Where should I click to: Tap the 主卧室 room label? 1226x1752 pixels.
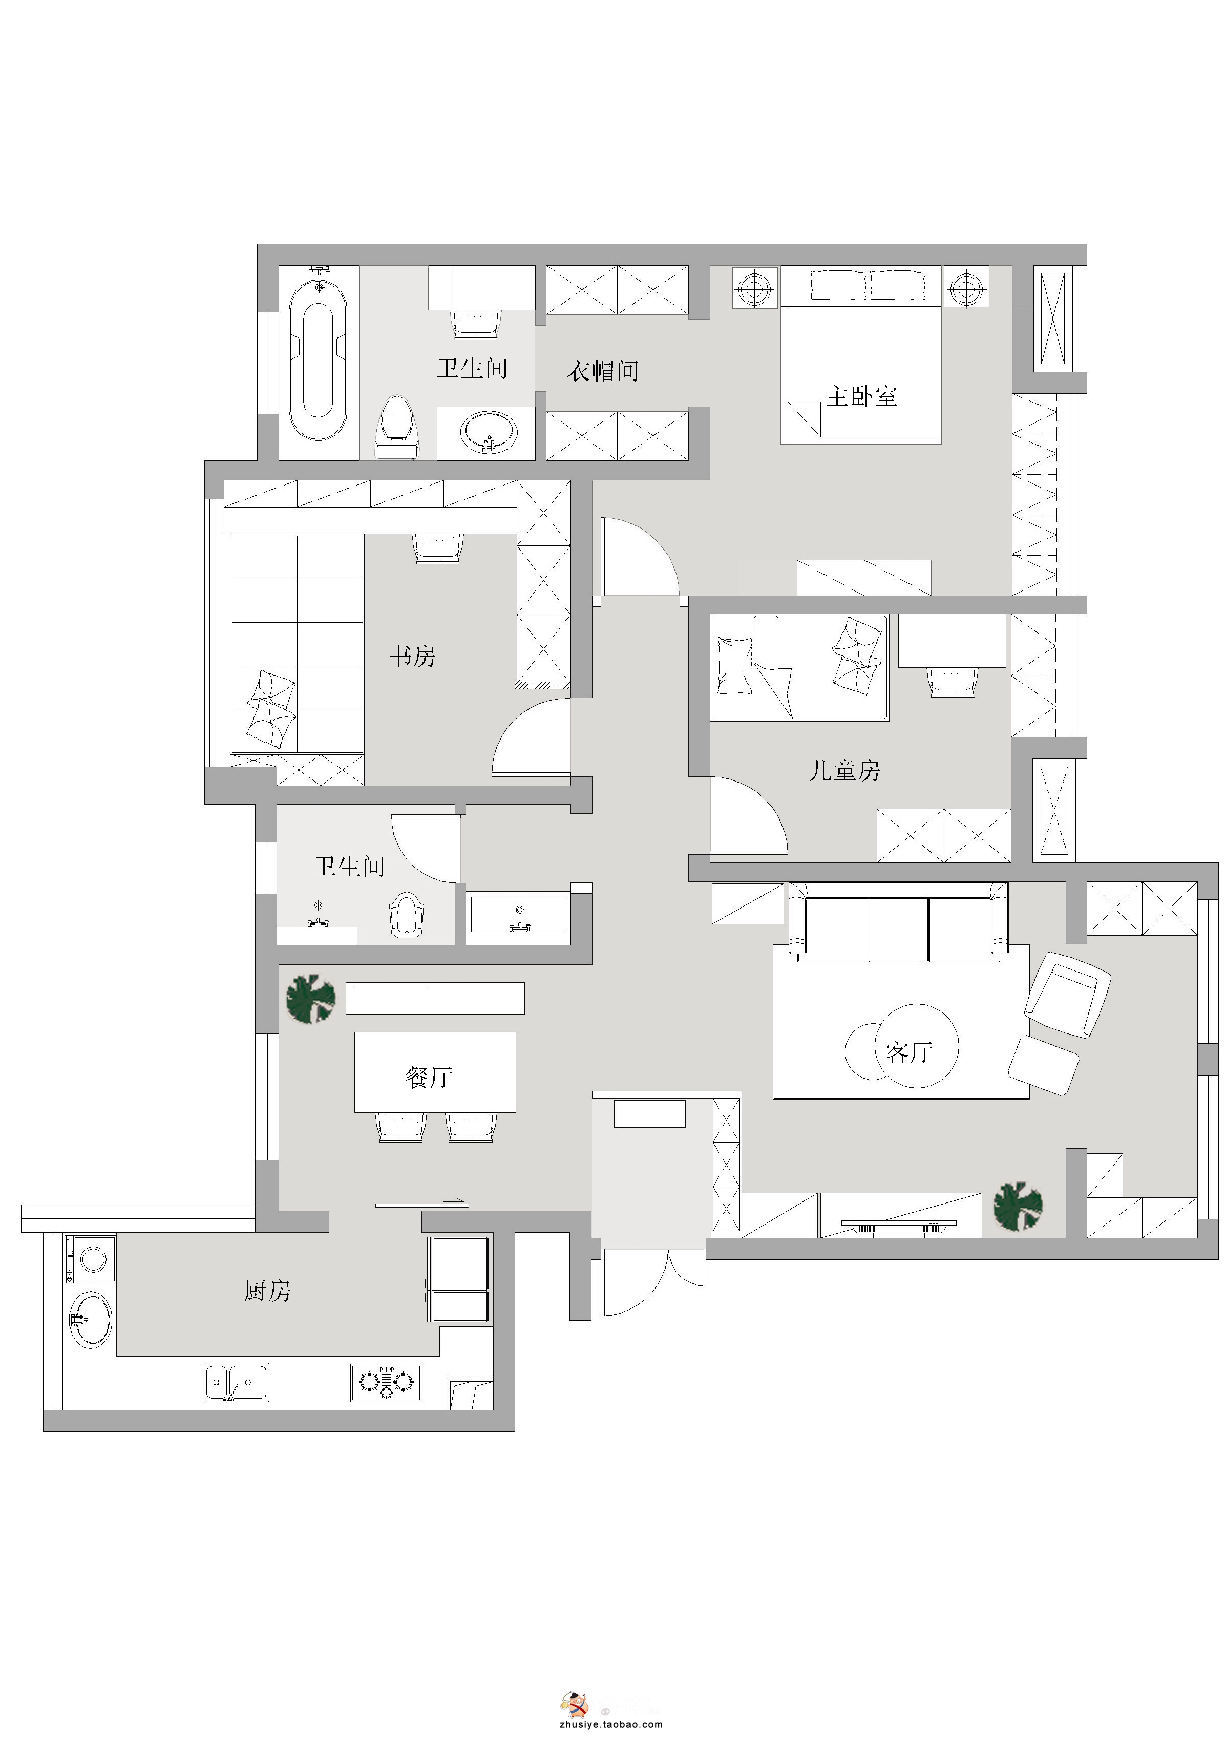click(862, 396)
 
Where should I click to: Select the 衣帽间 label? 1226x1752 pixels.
click(603, 371)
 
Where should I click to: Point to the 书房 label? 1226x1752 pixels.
click(413, 656)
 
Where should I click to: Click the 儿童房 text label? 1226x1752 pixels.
click(844, 771)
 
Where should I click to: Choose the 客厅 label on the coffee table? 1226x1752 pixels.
click(910, 1053)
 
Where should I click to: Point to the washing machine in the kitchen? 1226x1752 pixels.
click(91, 1259)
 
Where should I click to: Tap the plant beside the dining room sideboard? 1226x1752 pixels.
click(310, 999)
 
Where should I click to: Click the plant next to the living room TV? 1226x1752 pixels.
click(1018, 1207)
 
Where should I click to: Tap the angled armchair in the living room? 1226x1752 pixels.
click(1067, 994)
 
